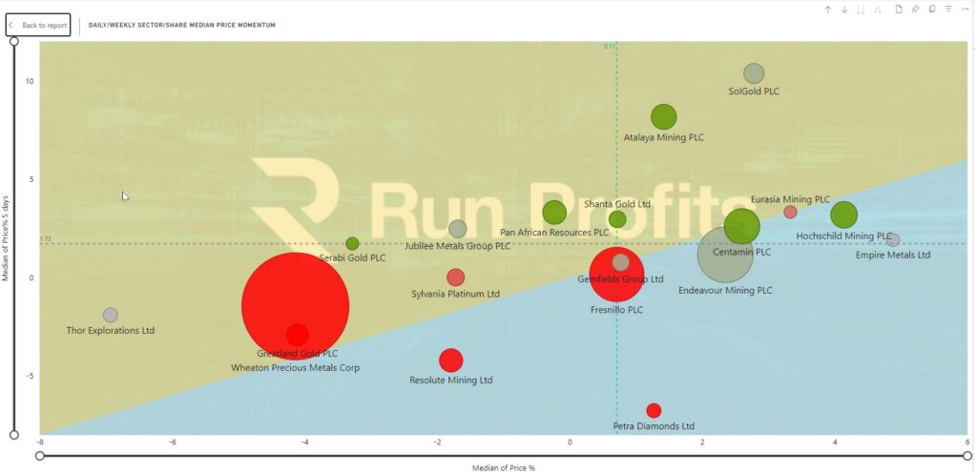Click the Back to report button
coord(39,25)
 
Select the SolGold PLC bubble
coord(754,73)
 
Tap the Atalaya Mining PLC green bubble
coord(663,116)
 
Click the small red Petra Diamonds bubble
coord(654,411)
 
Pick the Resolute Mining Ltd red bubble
coord(451,360)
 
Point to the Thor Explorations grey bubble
coord(111,315)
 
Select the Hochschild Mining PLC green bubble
coord(843,216)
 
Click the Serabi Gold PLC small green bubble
coord(352,243)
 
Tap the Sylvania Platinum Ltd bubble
coord(456,278)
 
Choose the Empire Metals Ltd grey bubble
coord(893,240)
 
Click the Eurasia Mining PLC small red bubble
coord(790,212)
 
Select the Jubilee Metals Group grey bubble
coord(458,229)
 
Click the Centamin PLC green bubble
coord(742,226)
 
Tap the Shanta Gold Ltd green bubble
coord(617,219)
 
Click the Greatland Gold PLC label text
coord(296,354)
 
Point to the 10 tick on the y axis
coord(30,81)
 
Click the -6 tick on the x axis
coord(173,442)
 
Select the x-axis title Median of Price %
coord(504,467)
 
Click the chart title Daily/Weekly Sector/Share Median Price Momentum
coord(182,25)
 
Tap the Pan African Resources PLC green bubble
coord(554,213)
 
